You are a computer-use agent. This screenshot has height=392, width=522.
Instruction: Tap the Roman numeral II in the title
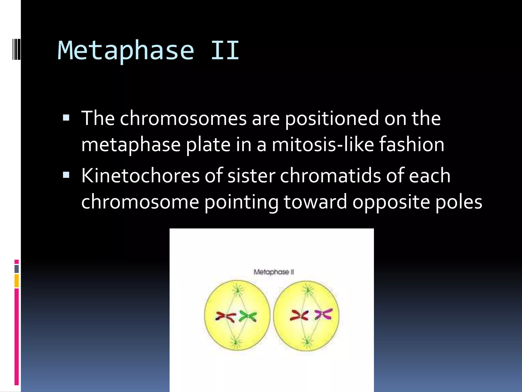(225, 51)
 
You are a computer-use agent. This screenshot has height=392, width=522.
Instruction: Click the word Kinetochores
(140, 176)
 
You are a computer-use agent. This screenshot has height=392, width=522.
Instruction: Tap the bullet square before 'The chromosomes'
(66, 118)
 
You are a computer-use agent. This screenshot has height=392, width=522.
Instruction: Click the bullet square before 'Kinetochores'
(66, 175)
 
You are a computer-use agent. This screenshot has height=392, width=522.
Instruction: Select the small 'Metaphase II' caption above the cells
(274, 272)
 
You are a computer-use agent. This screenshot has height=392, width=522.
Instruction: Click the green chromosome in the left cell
(248, 316)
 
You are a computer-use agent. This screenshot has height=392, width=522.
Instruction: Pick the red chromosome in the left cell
(226, 317)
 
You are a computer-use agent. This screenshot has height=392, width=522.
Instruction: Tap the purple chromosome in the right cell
(323, 314)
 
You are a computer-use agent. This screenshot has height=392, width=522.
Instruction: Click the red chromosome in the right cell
(299, 315)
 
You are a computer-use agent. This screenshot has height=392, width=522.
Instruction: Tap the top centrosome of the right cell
(308, 290)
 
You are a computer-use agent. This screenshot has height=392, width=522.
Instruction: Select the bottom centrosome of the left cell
(236, 342)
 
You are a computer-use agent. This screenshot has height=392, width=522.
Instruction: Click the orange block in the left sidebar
(17, 281)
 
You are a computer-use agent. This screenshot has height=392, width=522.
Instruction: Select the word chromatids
(330, 176)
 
